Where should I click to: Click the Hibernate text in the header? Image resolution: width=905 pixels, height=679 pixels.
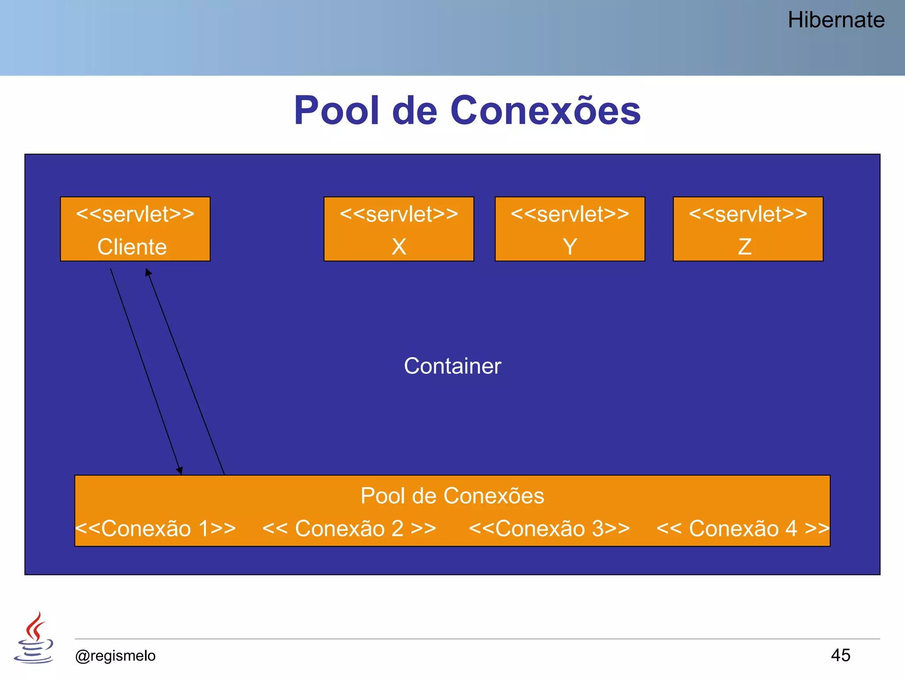[836, 20]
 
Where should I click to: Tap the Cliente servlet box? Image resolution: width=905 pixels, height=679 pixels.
[135, 229]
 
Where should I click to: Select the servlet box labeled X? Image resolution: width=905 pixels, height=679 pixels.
[399, 229]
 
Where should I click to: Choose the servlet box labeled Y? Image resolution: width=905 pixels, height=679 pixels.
[570, 229]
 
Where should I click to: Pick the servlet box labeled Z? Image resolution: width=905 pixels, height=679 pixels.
[748, 229]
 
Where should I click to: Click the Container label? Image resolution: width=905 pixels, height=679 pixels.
[452, 366]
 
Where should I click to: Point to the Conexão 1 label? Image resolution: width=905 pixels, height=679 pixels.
[156, 529]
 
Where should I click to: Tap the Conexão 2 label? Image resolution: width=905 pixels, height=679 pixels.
[349, 529]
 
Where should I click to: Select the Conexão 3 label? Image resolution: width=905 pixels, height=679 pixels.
[549, 529]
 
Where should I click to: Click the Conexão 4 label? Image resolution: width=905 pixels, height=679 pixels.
[743, 529]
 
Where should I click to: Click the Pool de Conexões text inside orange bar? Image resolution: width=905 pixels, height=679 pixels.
[452, 496]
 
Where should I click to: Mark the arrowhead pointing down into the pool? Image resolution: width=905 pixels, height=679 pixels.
[180, 471]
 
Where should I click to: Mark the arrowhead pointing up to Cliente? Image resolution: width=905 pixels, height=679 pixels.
[148, 272]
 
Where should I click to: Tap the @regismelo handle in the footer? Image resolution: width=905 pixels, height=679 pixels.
[115, 656]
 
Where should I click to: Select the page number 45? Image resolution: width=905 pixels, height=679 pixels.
[840, 655]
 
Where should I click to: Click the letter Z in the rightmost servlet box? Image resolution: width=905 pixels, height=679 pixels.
[745, 247]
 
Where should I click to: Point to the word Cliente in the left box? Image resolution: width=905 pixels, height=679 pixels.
[132, 247]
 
